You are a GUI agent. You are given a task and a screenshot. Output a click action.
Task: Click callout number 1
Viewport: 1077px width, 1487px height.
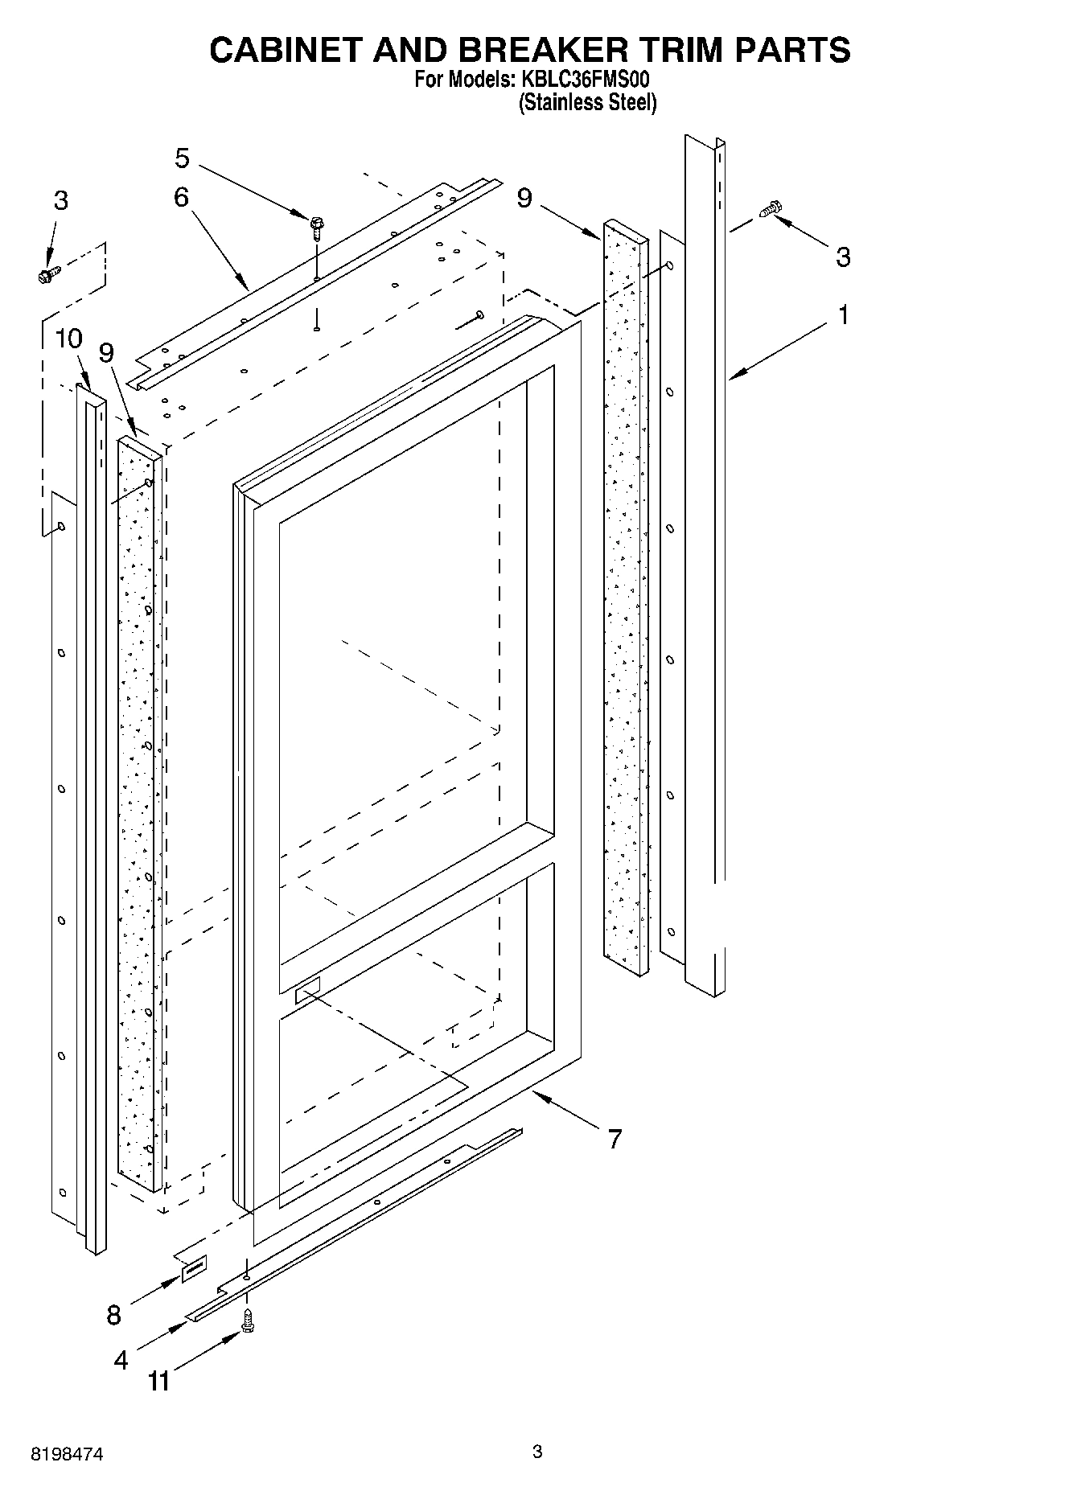[843, 315]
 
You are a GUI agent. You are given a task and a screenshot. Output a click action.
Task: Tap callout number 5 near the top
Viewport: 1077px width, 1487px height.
[183, 159]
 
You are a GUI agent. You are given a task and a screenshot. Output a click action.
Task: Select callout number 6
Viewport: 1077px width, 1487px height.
[181, 197]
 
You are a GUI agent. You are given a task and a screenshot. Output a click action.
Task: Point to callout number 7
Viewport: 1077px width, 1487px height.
[615, 1139]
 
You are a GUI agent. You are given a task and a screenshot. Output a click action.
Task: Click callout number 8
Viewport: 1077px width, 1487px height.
[114, 1315]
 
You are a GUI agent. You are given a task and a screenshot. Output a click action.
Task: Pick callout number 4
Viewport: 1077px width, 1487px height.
[121, 1360]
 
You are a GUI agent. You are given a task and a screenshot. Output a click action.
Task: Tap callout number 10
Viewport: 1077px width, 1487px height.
[69, 339]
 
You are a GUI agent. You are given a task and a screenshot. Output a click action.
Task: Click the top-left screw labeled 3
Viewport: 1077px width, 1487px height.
[46, 275]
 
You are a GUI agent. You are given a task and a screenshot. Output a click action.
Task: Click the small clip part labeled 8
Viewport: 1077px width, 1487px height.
[193, 1269]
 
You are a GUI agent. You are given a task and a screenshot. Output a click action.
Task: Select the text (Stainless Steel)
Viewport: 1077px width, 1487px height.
[588, 103]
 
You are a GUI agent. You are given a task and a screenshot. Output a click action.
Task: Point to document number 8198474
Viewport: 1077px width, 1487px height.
[68, 1454]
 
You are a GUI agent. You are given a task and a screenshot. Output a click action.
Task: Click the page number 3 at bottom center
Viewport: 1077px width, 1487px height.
[537, 1452]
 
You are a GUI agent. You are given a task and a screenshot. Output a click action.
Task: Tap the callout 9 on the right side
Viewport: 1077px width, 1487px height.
[524, 197]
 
